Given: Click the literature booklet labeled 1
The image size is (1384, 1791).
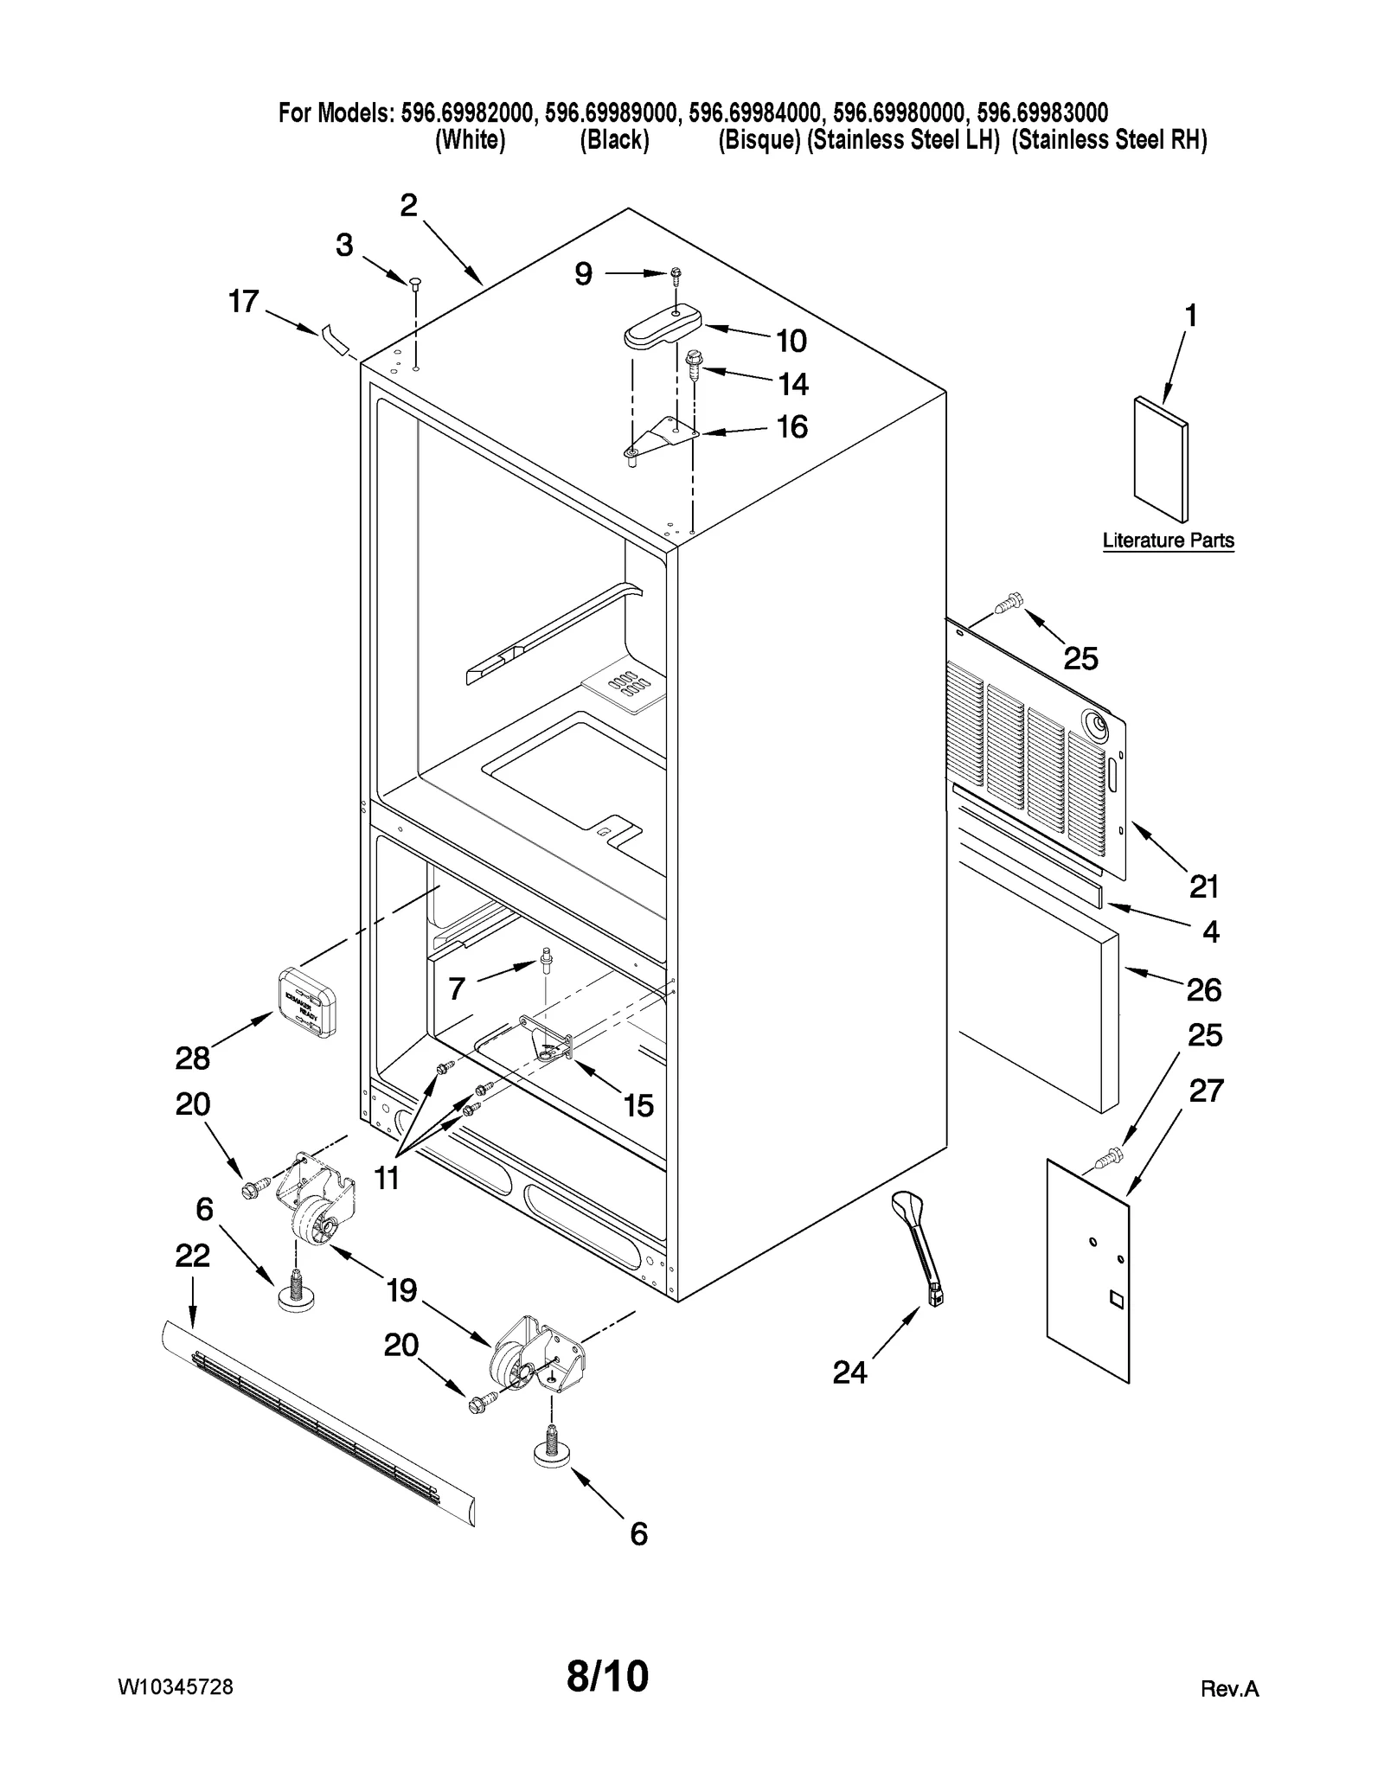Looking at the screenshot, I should (1161, 461).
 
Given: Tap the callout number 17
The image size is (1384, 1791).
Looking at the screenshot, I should (243, 302).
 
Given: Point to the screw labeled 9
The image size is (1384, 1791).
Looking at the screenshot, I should (675, 275).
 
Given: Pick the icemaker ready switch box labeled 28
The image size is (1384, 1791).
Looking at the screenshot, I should (306, 1001).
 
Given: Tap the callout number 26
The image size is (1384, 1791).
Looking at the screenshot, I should (1203, 989).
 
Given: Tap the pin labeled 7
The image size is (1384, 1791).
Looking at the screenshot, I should (546, 959).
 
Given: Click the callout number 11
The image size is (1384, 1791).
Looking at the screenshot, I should (387, 1177).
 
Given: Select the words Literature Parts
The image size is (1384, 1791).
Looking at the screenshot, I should (1168, 540).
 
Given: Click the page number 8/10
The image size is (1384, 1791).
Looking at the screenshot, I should (607, 1676).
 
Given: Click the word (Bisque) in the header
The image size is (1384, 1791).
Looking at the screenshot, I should (759, 140).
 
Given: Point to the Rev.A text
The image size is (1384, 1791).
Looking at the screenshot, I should (1229, 1689).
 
